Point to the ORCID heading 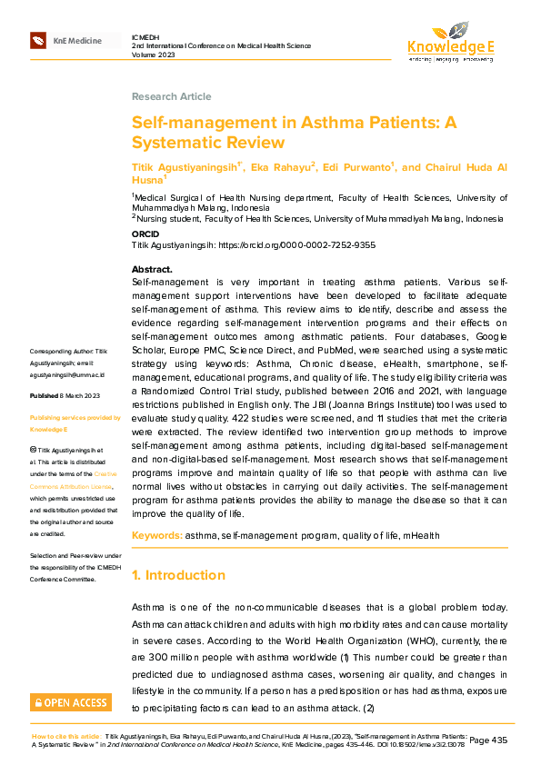click(145, 233)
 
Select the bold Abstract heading click(152, 270)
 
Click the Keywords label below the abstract click(156, 536)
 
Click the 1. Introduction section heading click(178, 575)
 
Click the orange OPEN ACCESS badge click(70, 702)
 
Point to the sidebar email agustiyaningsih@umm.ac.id click(68, 373)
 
